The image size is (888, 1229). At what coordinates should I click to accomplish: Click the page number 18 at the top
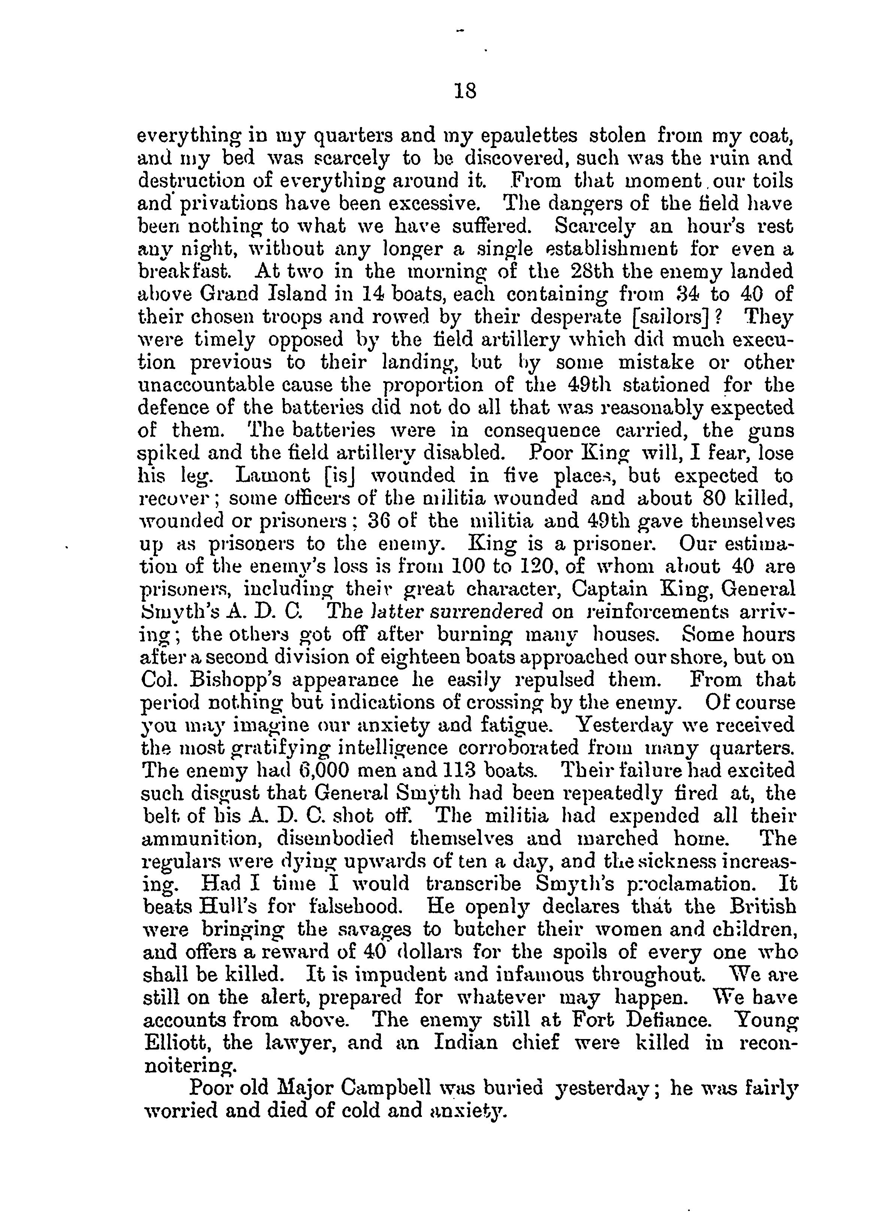(x=466, y=91)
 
